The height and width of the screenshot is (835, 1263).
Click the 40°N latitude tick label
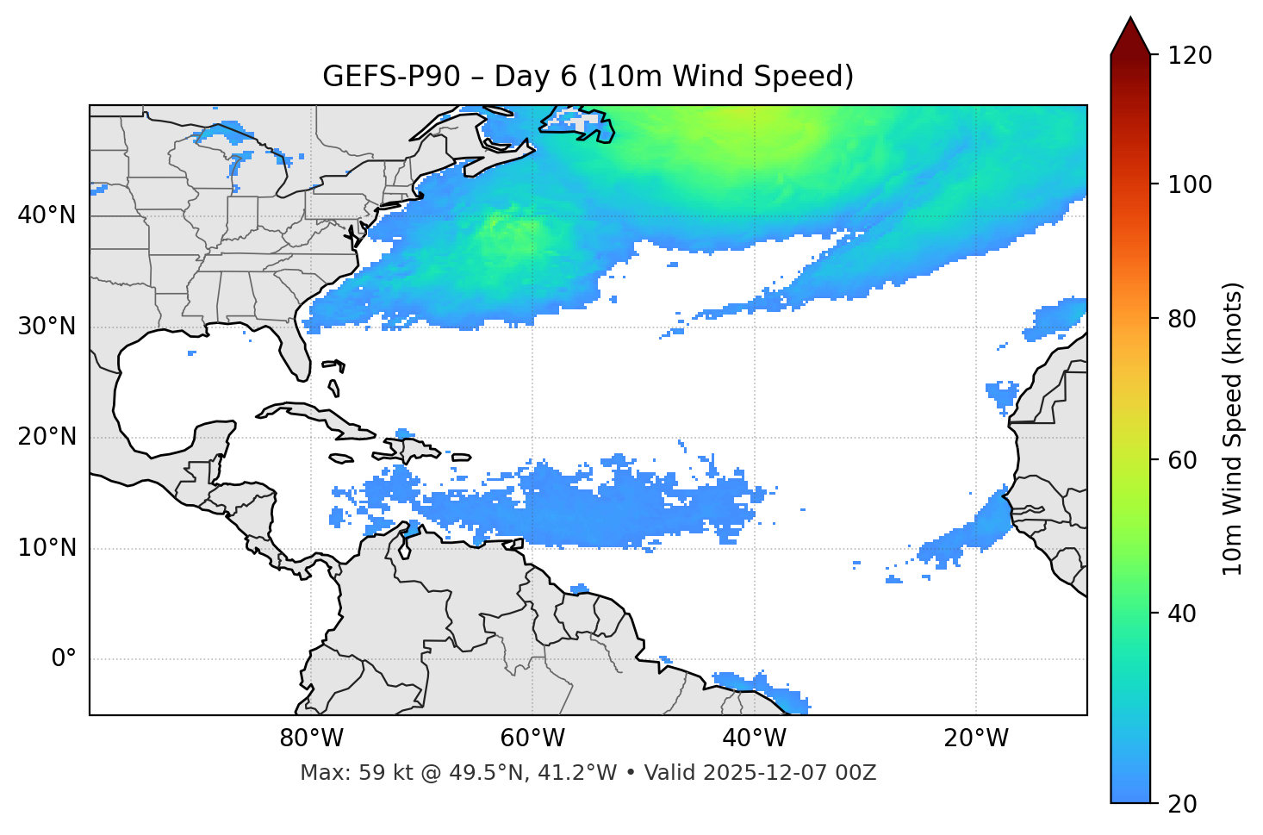click(x=47, y=215)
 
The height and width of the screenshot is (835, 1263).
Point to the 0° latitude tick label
click(x=64, y=659)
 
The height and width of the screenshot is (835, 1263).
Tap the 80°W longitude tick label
click(x=311, y=738)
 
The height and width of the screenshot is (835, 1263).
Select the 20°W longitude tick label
click(x=976, y=738)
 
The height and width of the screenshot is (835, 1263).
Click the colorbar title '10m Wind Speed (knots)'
click(x=1233, y=428)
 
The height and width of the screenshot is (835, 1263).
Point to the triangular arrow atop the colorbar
click(x=1130, y=37)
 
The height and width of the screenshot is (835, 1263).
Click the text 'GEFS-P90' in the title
click(x=380, y=77)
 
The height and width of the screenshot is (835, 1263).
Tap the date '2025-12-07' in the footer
click(x=761, y=773)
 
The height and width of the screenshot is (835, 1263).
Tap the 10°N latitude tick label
click(x=47, y=548)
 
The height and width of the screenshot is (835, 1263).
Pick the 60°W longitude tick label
click(x=532, y=738)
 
